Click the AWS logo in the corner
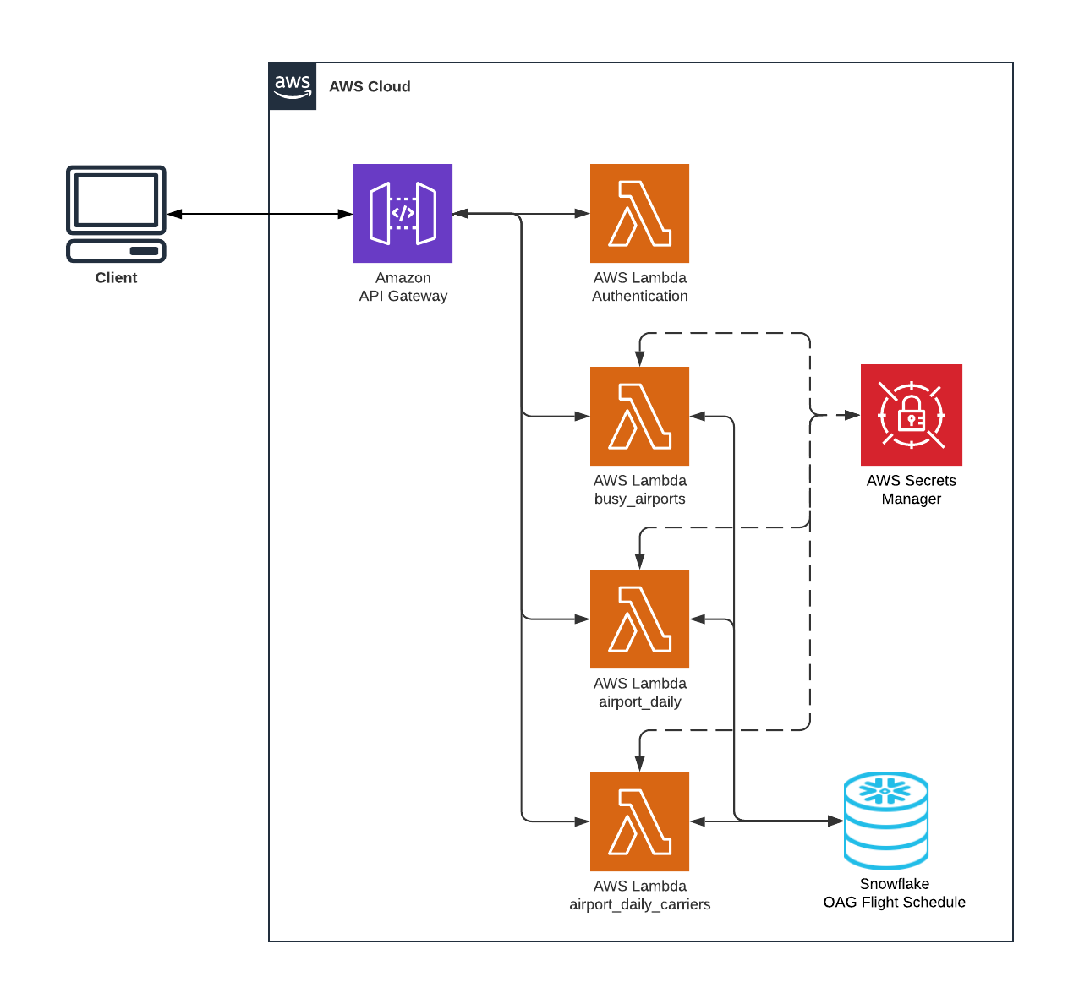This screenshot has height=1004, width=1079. [x=293, y=86]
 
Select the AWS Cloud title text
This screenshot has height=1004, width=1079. [x=370, y=86]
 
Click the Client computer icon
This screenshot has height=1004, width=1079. [x=116, y=214]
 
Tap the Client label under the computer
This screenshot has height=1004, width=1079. [x=116, y=278]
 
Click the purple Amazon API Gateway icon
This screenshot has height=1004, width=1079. [x=403, y=213]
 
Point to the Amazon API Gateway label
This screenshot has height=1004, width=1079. [x=403, y=287]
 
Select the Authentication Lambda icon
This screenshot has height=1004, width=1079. [x=639, y=213]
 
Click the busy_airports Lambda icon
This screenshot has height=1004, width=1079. [x=639, y=416]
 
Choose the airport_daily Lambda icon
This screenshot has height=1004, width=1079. [x=639, y=619]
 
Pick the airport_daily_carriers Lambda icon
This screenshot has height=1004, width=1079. [x=639, y=821]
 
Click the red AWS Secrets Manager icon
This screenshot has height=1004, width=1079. [x=911, y=415]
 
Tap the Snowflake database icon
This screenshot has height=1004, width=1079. [x=886, y=821]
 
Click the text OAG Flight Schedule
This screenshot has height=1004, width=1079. [x=894, y=903]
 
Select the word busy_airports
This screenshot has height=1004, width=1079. [x=639, y=499]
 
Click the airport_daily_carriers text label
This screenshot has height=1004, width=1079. [x=639, y=904]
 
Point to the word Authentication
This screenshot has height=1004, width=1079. [x=639, y=296]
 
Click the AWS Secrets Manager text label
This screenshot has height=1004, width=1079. [x=911, y=489]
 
